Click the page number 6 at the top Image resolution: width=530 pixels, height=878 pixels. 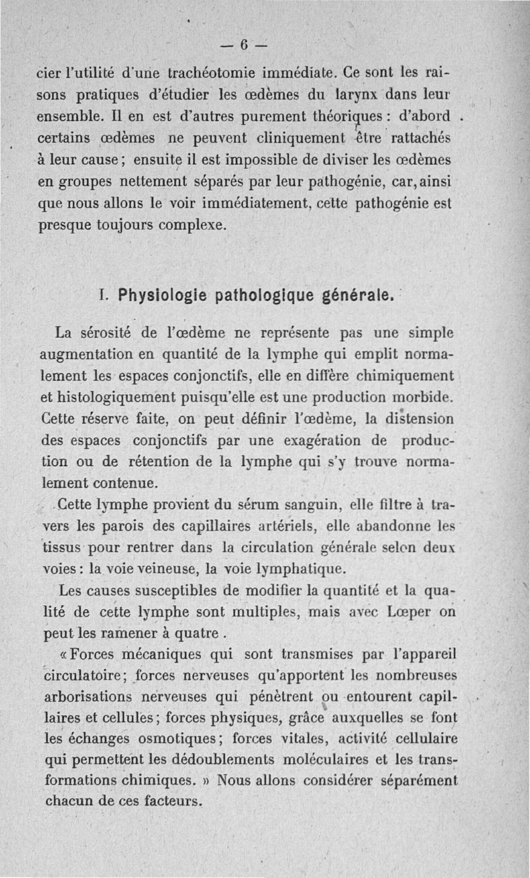[x=243, y=46]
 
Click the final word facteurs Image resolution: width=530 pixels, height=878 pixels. [x=162, y=801]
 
